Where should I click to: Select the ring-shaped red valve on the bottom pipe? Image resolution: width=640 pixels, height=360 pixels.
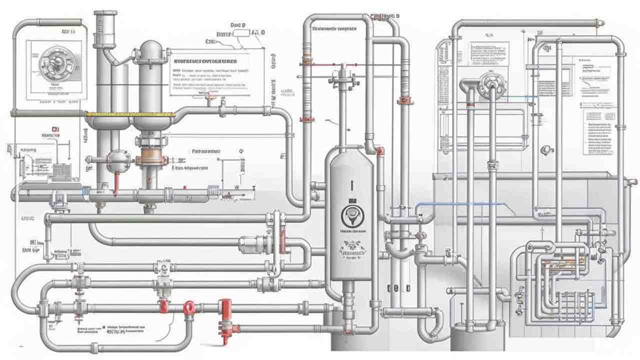point(189,307)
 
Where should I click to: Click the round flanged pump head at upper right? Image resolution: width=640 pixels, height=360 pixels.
point(487,85)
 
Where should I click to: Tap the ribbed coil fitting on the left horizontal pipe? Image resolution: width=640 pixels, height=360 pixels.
point(215,191)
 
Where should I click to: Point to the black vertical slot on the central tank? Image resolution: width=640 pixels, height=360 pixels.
point(351,185)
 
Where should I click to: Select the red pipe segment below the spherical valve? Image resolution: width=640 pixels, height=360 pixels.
point(116,182)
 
